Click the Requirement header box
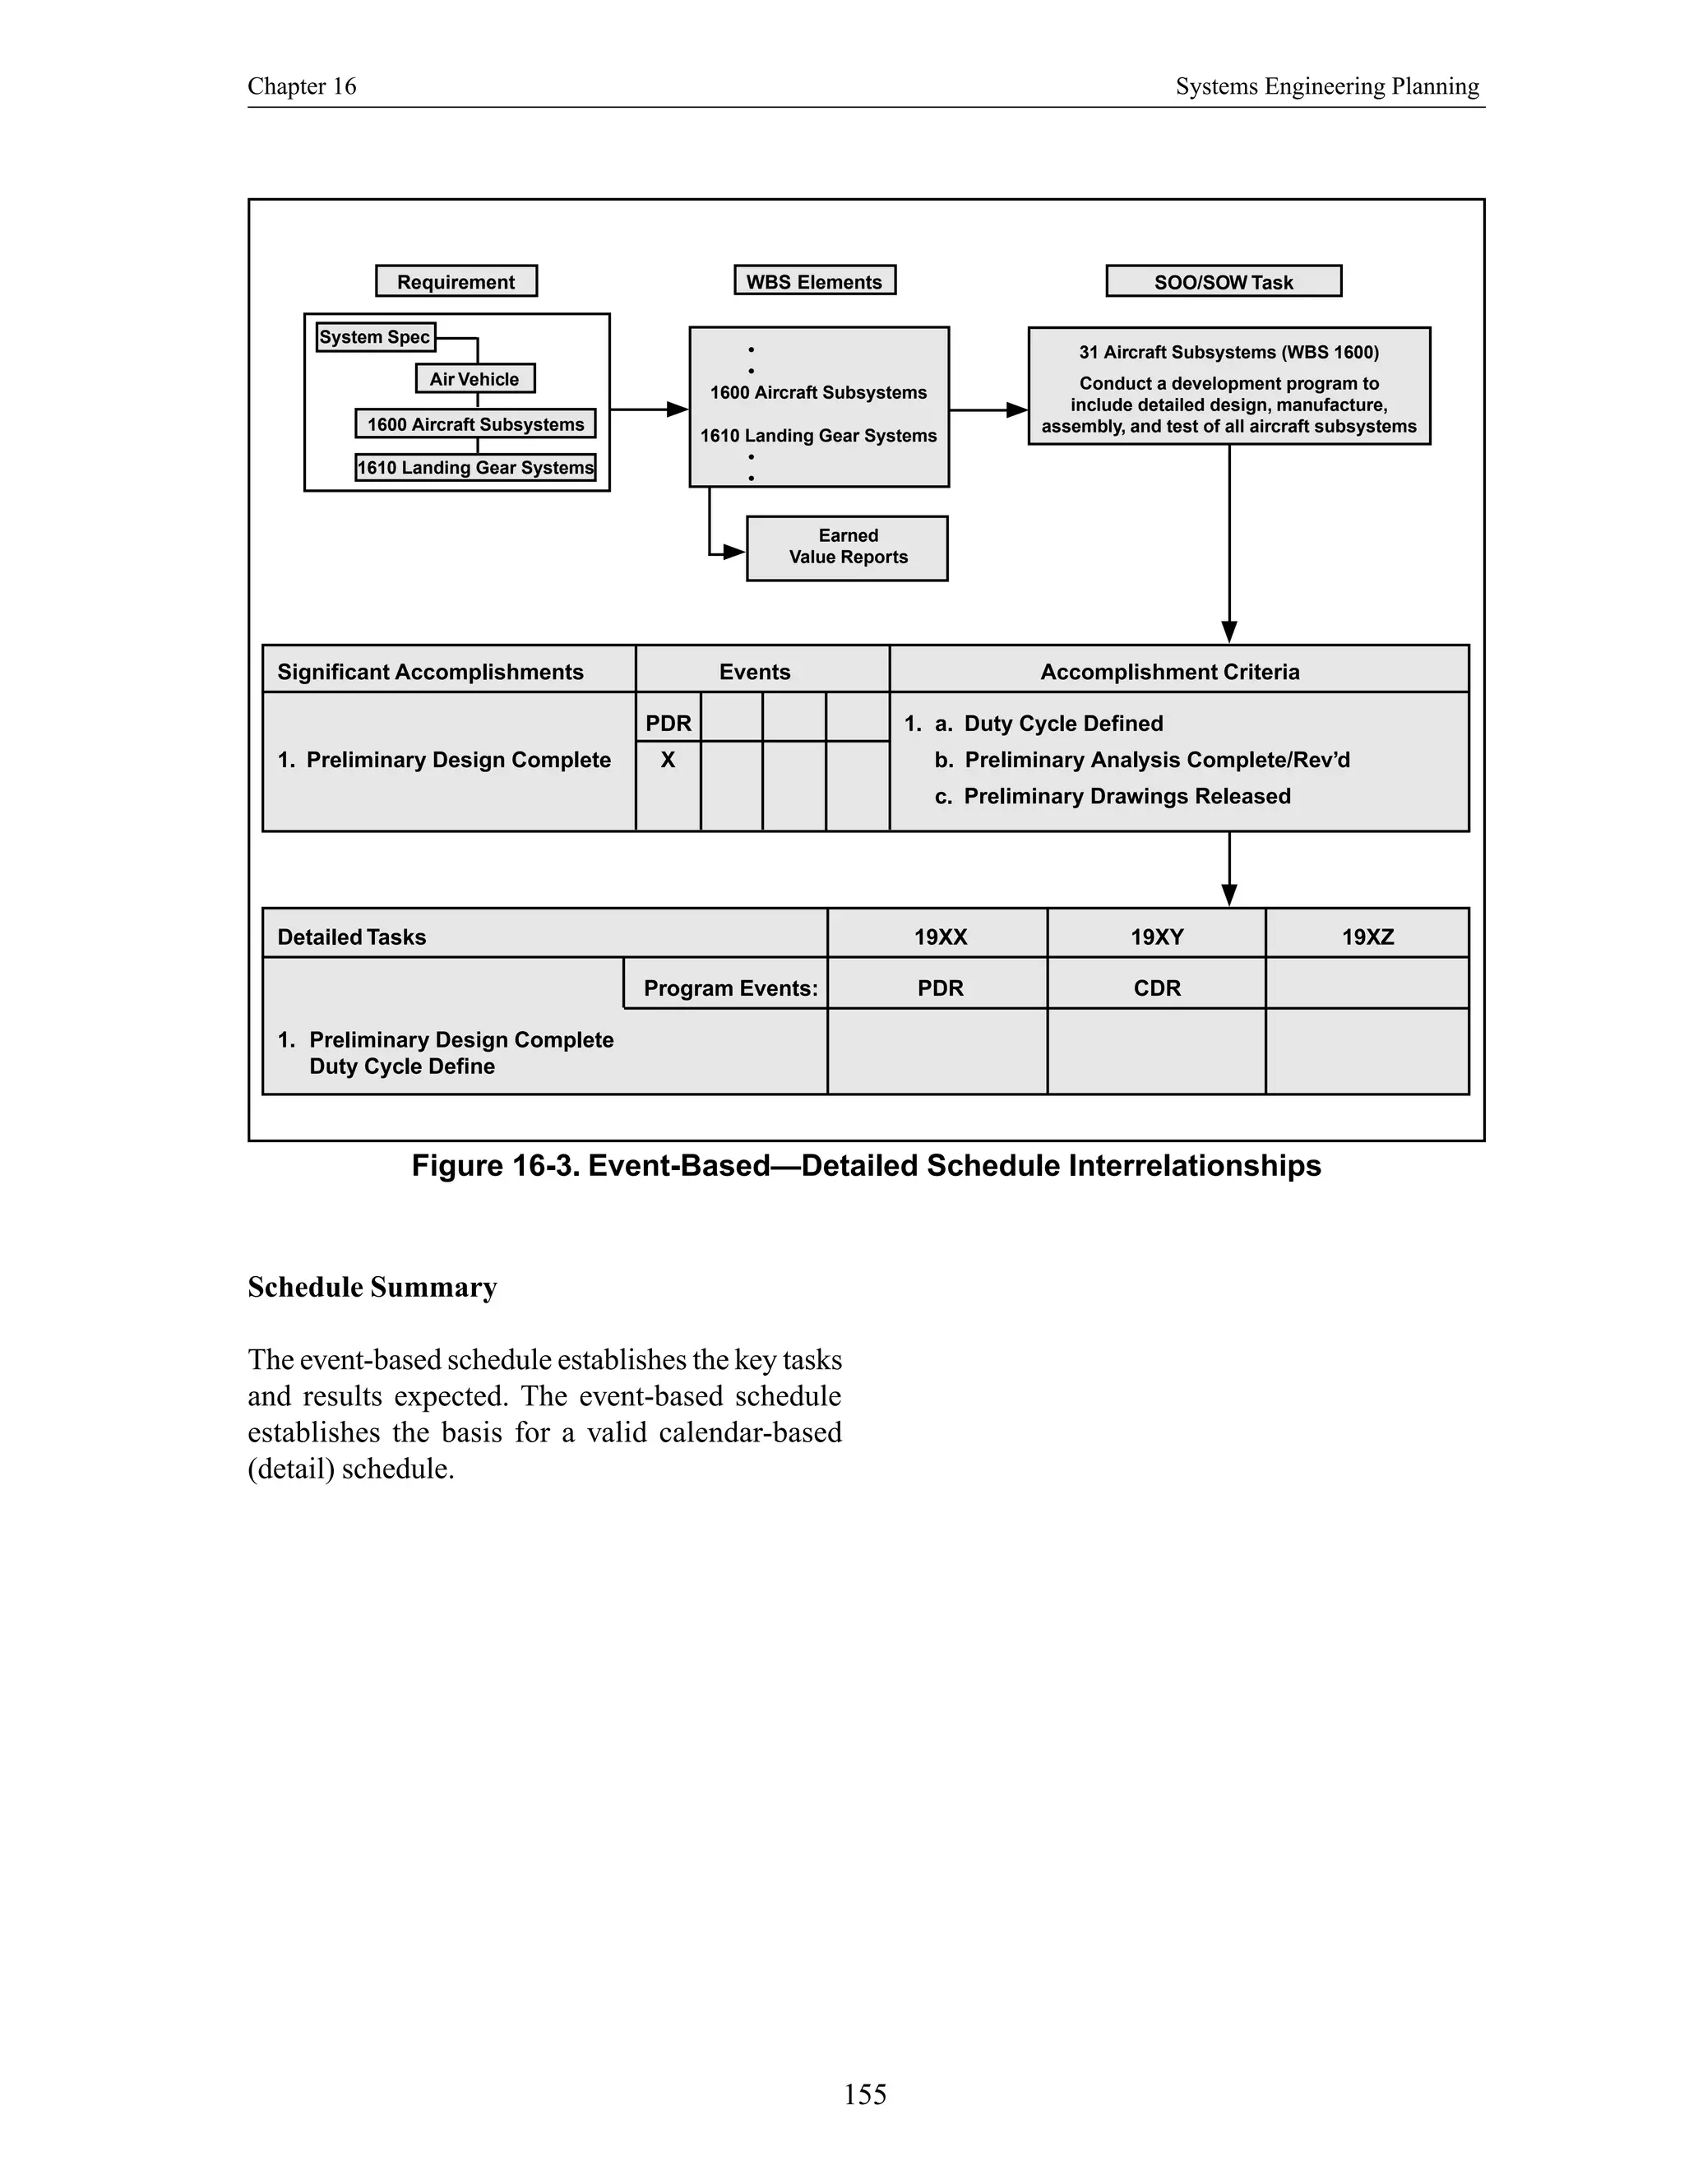(456, 281)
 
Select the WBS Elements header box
(814, 281)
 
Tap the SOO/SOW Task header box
(1223, 281)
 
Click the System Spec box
(375, 337)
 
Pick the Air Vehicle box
(475, 379)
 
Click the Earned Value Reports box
(847, 547)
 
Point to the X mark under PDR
(668, 761)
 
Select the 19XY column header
(1156, 937)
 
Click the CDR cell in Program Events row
(1156, 988)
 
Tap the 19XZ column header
(1367, 937)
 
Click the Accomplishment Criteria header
(1169, 672)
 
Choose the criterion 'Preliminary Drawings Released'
(1127, 796)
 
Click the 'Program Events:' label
(730, 988)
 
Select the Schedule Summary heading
(372, 1287)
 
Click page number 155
(864, 2093)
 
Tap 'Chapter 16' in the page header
(301, 87)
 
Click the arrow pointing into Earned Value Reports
(733, 552)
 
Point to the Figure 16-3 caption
(866, 1165)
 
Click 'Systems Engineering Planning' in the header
(1327, 87)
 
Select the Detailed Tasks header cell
(351, 937)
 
